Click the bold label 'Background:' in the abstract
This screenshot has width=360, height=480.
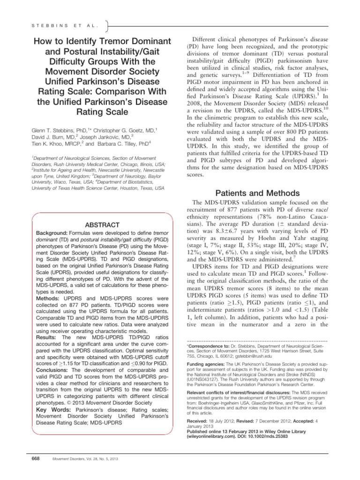(x=52, y=233)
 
